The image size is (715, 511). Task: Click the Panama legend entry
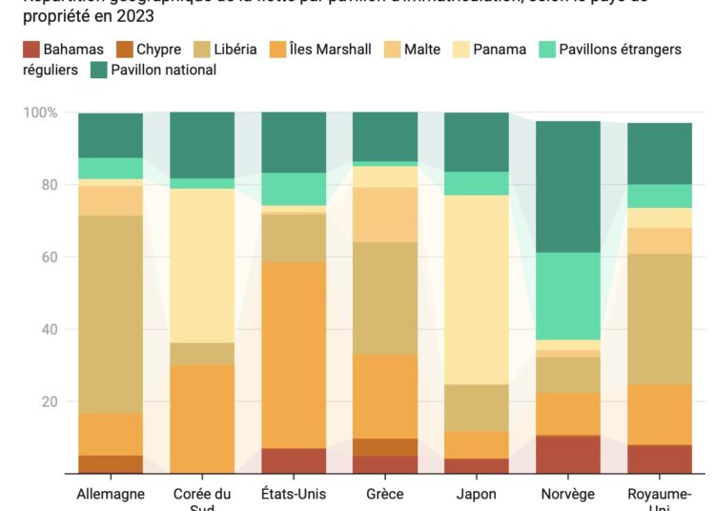coord(499,49)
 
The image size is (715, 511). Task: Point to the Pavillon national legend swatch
coord(98,70)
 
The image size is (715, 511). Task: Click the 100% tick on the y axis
coord(40,112)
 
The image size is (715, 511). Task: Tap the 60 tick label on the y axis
coord(49,257)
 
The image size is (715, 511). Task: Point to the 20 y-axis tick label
coord(49,401)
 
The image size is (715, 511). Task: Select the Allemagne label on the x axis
coord(111,494)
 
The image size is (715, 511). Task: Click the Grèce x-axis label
coord(385,494)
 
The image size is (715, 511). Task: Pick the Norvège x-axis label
coord(568,494)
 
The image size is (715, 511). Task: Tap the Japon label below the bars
coord(477,494)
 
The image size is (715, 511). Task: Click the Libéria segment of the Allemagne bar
coord(111,315)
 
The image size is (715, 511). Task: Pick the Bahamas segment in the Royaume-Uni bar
coord(660,459)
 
